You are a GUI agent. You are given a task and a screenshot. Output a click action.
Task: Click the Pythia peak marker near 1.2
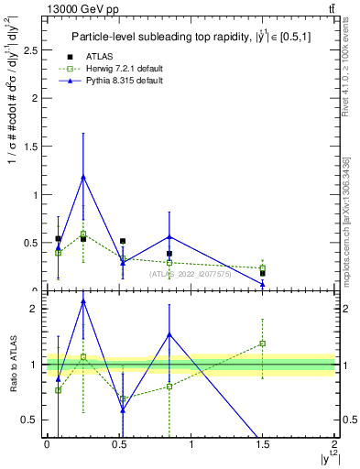coord(83,177)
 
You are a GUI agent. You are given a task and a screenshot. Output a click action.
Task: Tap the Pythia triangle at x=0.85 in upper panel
coord(169,236)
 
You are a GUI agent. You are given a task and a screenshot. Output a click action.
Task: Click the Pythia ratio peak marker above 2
coord(83,300)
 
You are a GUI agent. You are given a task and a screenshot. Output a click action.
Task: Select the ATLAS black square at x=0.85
coord(169,254)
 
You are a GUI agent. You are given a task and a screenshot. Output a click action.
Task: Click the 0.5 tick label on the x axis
coord(118,443)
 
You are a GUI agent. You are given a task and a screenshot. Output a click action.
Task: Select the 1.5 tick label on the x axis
coord(263,443)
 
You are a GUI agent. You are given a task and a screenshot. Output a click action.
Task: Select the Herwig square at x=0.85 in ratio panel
coord(169,387)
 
